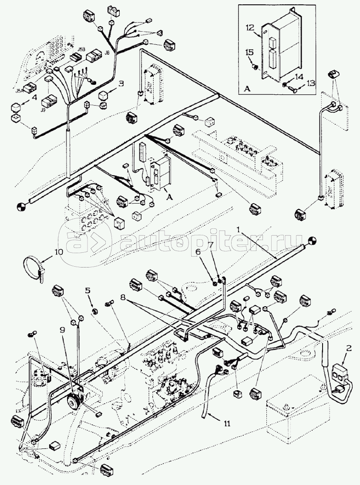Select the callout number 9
tap(63, 330)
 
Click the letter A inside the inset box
tap(247, 88)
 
